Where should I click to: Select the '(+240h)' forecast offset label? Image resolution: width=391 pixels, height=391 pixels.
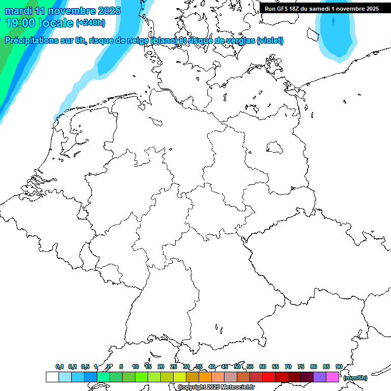(x=91, y=23)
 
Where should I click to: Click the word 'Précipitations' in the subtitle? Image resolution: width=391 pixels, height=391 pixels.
(x=32, y=41)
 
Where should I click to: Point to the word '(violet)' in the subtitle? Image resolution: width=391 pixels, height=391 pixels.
(x=270, y=41)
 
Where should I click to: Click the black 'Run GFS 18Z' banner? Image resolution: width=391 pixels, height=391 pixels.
(x=322, y=8)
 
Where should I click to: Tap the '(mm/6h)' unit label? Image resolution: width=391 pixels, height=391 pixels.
(x=355, y=378)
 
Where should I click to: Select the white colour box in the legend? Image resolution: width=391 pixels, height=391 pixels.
(x=52, y=377)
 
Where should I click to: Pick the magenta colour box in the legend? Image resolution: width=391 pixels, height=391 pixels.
(x=332, y=377)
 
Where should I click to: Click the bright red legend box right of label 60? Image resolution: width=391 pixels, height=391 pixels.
(x=269, y=377)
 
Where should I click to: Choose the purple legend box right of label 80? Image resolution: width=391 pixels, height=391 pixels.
(x=320, y=377)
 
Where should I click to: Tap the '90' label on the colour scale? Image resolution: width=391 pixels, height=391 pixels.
(x=339, y=367)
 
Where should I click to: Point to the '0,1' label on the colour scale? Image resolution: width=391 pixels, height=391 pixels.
(x=59, y=367)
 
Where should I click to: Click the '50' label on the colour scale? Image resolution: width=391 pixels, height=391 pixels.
(x=237, y=367)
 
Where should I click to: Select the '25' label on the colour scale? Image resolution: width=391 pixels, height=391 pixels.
(x=174, y=367)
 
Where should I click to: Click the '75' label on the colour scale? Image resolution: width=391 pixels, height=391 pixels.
(x=300, y=367)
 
